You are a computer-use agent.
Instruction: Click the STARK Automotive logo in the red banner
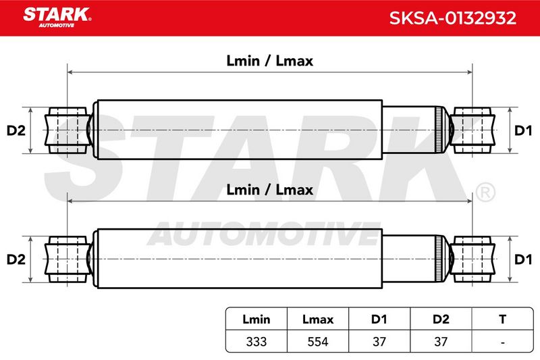point(57,18)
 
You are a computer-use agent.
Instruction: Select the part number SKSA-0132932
point(452,18)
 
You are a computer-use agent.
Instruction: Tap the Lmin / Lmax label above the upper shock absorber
point(269,61)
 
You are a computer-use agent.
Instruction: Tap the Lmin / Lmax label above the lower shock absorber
point(269,190)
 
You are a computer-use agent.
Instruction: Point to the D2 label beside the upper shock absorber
point(16,130)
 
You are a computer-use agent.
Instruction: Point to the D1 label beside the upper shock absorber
point(522,130)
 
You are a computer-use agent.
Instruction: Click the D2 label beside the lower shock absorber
point(16,259)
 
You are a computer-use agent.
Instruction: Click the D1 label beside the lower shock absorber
point(522,259)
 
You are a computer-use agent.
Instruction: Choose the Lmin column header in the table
point(256,319)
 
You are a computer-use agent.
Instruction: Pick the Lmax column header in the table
point(318,319)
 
